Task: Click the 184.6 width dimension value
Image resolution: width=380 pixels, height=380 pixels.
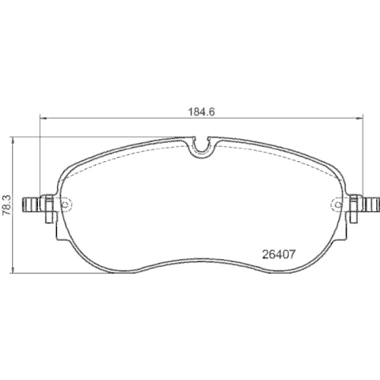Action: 201,112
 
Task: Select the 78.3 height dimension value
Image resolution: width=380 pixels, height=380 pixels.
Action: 6,204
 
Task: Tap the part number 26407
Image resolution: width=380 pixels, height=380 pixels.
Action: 279,254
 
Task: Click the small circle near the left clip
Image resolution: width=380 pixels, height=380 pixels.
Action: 65,204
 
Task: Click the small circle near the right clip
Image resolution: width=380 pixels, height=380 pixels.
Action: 337,204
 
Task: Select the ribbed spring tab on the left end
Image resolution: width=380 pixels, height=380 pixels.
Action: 31,204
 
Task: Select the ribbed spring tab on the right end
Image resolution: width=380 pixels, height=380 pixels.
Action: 372,204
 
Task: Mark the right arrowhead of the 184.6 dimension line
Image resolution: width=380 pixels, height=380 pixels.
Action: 359,118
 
